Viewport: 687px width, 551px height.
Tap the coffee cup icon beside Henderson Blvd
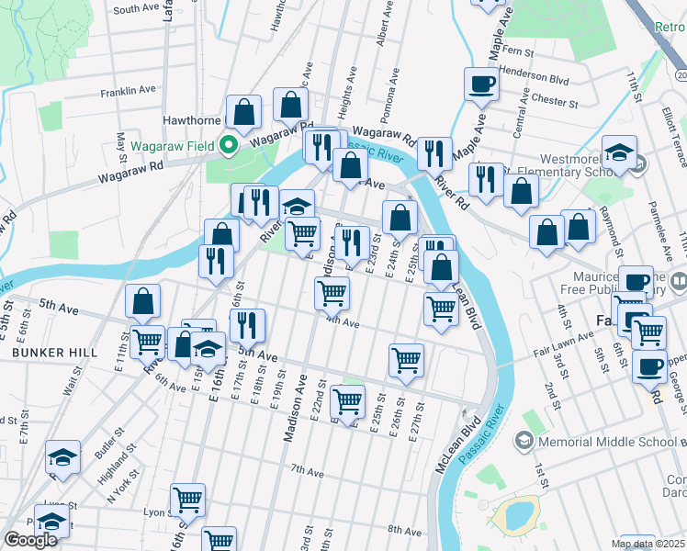click(x=481, y=85)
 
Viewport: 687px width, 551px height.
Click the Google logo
click(x=30, y=540)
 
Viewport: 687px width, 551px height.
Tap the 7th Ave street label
click(x=307, y=470)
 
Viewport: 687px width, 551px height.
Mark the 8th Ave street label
click(x=403, y=530)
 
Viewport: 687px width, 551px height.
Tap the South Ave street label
click(x=137, y=8)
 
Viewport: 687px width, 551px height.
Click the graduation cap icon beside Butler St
click(x=62, y=457)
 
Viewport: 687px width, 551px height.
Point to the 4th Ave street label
click(x=342, y=322)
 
